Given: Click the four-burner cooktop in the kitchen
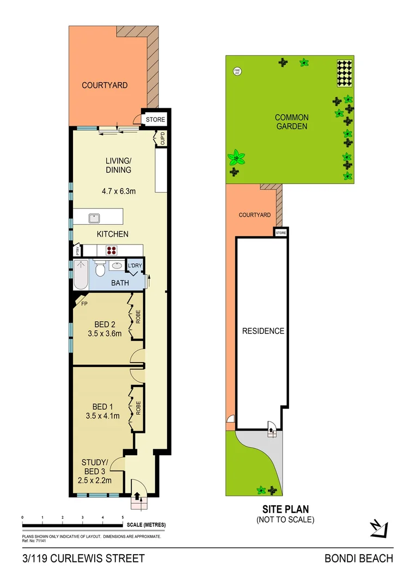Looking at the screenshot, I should tap(112, 250).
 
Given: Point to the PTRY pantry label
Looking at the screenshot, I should tap(78, 251).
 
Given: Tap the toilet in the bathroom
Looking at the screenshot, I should tap(100, 269).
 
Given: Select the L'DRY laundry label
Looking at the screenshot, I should tap(134, 266).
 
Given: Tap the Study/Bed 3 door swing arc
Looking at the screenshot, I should tap(117, 463).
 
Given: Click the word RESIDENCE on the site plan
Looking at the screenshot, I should tap(263, 330).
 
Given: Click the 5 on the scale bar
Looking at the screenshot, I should tap(123, 517).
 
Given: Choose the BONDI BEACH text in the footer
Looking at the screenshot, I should tap(358, 558).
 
